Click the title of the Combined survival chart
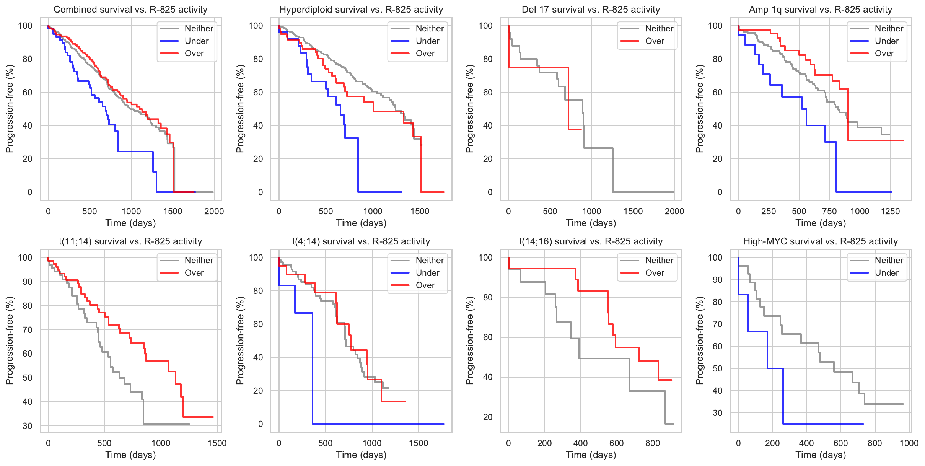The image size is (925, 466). pyautogui.click(x=130, y=10)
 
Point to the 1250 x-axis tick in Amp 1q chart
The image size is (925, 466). pyautogui.click(x=890, y=211)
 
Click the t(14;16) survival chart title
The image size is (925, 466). pyautogui.click(x=591, y=241)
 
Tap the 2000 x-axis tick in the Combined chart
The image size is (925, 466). pyautogui.click(x=214, y=211)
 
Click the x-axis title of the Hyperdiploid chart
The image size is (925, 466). pyautogui.click(x=361, y=223)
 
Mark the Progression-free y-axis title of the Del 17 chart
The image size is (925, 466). pyautogui.click(x=469, y=109)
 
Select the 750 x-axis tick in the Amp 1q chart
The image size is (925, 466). pyautogui.click(x=829, y=211)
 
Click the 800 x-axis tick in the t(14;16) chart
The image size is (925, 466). pyautogui.click(x=653, y=443)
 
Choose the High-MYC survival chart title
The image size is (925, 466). pyautogui.click(x=820, y=241)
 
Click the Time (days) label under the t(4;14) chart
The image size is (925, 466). pyautogui.click(x=361, y=455)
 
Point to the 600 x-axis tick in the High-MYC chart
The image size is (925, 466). pyautogui.click(x=840, y=443)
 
